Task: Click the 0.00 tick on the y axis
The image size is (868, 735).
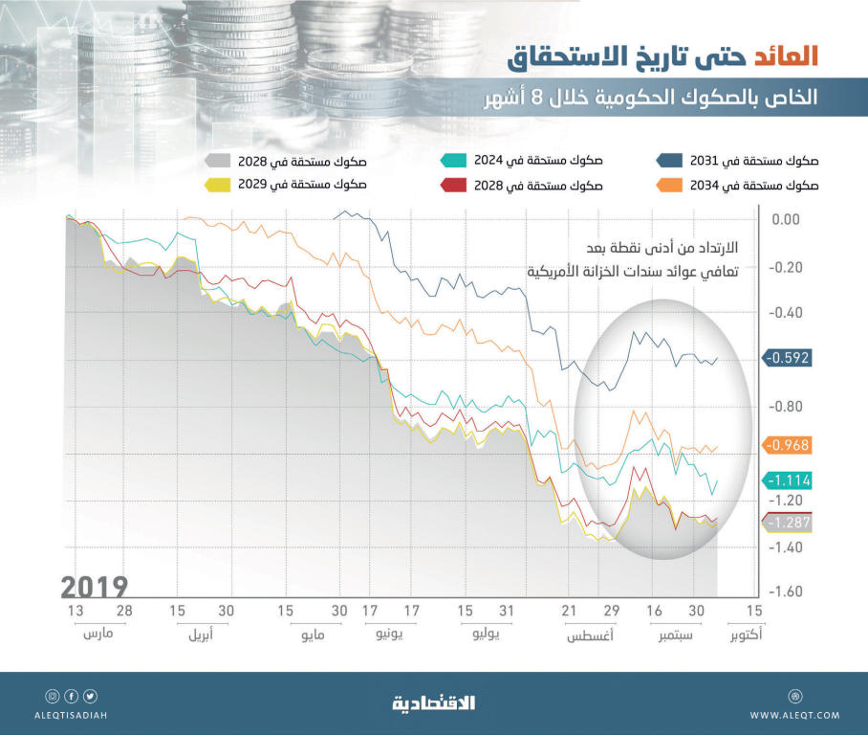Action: tap(785, 220)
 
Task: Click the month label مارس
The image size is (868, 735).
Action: tap(98, 635)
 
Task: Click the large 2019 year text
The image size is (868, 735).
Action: tap(95, 586)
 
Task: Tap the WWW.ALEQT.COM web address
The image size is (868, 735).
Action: tap(794, 715)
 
